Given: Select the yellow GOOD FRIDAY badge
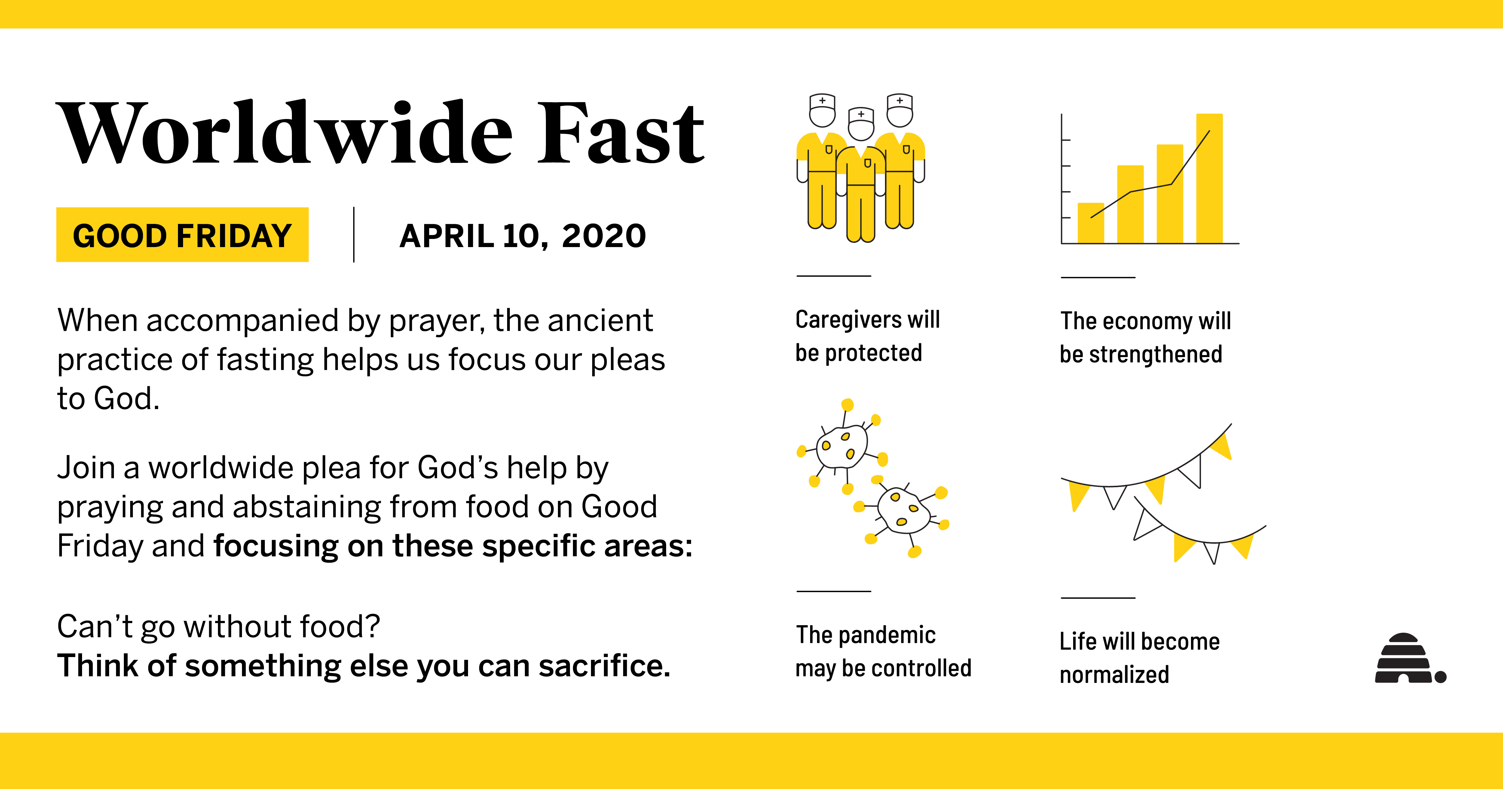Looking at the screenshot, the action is point(182,235).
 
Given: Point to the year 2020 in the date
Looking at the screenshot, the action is point(604,236).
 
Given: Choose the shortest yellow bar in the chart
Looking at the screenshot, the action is point(1091,223).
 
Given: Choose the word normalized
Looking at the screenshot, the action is point(1114,674).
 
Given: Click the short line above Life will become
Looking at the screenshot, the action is point(1098,598).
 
